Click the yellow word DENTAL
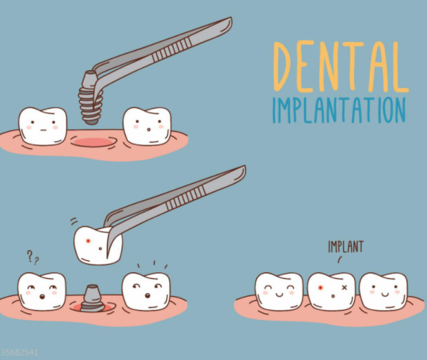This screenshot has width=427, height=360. pos(340,66)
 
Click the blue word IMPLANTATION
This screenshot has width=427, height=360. pos(339,110)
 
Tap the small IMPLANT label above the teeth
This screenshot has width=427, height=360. pos(346,247)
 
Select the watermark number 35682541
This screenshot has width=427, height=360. pos(19,352)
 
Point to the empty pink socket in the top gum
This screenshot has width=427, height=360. pos(93,142)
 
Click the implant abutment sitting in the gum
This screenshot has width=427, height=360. pos(92,298)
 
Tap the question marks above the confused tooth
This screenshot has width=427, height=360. pos(33,258)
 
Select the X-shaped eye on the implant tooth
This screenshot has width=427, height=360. pos(344,287)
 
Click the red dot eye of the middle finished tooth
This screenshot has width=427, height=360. pos(321,288)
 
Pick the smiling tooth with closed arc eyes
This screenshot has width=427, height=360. pos(279,291)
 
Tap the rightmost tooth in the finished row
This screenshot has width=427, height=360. pos(383,291)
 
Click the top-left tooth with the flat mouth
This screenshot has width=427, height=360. pos(43,126)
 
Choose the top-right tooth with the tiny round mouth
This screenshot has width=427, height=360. pos(147,126)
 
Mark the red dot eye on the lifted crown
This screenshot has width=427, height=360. pos(88,241)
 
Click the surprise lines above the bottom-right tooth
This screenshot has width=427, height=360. pos(153,265)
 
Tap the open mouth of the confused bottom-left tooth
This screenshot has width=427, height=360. pos(42,296)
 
